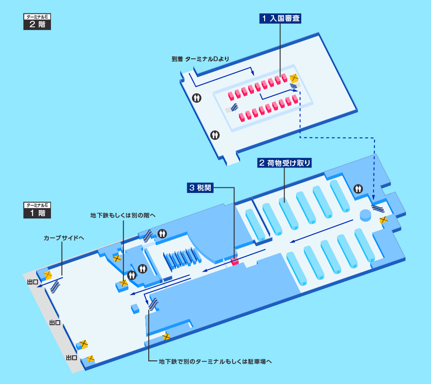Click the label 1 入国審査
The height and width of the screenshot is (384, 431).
click(280, 19)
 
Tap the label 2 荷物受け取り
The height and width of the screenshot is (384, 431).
click(284, 163)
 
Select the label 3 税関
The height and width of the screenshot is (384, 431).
click(200, 188)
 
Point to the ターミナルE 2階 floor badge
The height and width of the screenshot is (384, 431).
click(37, 22)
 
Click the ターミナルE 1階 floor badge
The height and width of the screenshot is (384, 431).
click(37, 210)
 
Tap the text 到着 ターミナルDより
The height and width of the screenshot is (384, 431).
click(200, 59)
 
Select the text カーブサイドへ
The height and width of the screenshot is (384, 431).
click(63, 237)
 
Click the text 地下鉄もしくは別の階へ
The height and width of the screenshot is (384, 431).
click(123, 215)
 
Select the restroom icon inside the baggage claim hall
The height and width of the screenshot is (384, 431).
click(358, 189)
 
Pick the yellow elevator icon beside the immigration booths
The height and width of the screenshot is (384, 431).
click(293, 78)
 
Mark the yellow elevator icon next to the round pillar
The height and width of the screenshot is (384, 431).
click(384, 220)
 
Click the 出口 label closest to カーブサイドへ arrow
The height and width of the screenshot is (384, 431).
click(32, 282)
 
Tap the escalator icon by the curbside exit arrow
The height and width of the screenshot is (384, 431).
click(55, 286)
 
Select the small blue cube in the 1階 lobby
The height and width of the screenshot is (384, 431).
click(135, 308)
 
